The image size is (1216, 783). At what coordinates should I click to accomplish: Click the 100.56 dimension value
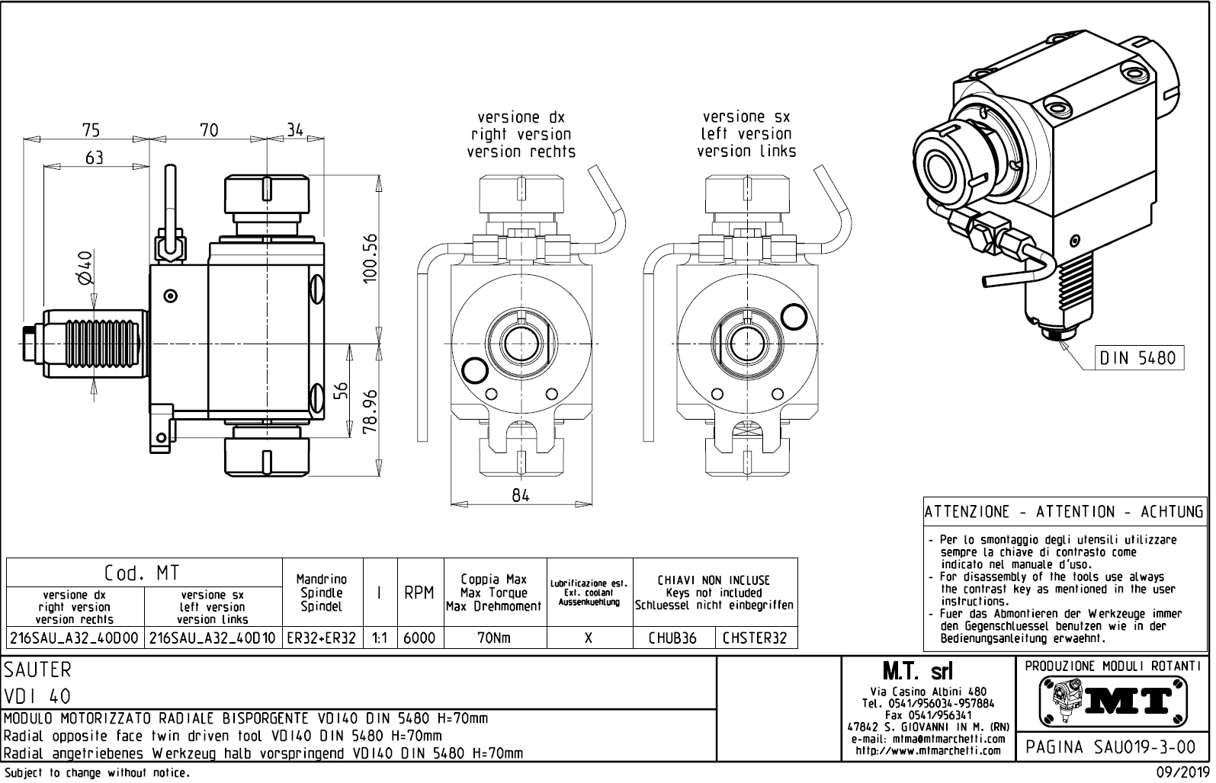coord(371,258)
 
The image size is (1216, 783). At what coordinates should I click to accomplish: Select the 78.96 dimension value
coord(371,412)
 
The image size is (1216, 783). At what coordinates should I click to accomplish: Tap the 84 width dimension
coord(521,495)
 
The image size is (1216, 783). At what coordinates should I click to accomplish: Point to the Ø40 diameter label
coord(85,268)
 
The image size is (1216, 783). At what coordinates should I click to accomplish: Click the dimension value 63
coord(94,158)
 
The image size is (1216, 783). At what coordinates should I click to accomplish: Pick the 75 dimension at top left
coord(91,130)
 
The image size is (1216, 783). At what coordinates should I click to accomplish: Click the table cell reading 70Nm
coord(494,638)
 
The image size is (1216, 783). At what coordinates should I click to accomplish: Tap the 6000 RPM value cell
coord(419,638)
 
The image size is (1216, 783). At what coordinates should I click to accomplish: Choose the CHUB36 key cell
coord(672,638)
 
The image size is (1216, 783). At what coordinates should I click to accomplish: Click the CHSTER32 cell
coord(755,638)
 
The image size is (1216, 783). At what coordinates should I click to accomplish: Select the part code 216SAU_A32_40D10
coord(213,638)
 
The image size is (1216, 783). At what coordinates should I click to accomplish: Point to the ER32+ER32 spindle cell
coord(321,638)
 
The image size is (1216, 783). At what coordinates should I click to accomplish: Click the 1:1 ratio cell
coord(378,638)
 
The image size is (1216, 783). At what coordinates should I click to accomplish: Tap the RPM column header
coord(419,593)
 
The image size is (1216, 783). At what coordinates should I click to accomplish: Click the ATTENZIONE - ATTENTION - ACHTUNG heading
coord(1064,512)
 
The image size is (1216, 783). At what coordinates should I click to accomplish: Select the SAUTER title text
coord(38,670)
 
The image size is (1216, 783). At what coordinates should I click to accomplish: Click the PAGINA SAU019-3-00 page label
coord(1111,747)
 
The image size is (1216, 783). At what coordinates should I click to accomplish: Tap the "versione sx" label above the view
coord(746,117)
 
